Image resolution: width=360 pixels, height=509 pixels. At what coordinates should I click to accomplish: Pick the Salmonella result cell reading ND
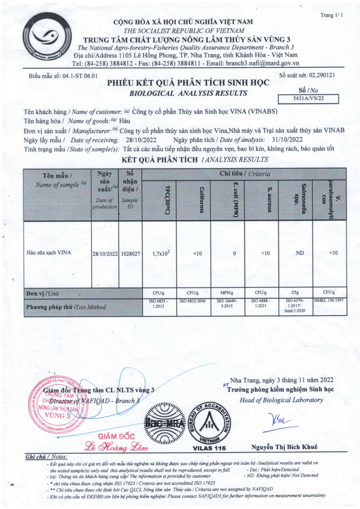pos(300,253)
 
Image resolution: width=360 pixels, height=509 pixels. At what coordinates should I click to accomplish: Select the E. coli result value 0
pos(234,253)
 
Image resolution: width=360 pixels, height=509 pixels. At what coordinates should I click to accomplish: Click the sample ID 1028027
pos(130,253)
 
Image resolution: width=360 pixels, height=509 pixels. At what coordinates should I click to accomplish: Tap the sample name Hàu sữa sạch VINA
pos(49,252)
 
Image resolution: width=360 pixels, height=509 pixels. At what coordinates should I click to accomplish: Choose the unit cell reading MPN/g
pos(227,293)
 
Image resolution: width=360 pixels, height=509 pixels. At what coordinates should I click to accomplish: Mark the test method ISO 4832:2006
pos(193,301)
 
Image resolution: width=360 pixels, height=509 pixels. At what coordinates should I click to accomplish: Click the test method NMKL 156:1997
pos(329,301)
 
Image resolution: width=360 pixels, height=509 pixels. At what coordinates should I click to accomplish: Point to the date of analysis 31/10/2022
pos(287,139)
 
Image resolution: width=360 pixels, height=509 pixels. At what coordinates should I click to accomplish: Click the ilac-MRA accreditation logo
pos(165,423)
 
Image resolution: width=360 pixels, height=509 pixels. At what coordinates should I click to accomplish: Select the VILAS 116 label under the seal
pos(209,448)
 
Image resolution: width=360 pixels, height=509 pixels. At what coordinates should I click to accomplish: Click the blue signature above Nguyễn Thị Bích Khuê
pos(280,421)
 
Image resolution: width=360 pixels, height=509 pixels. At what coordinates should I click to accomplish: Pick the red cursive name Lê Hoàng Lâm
pos(117,448)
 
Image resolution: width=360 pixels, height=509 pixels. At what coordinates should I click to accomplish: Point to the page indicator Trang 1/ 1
pos(332,15)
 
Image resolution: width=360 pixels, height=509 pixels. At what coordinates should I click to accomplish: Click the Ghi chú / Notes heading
pos(46,457)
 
